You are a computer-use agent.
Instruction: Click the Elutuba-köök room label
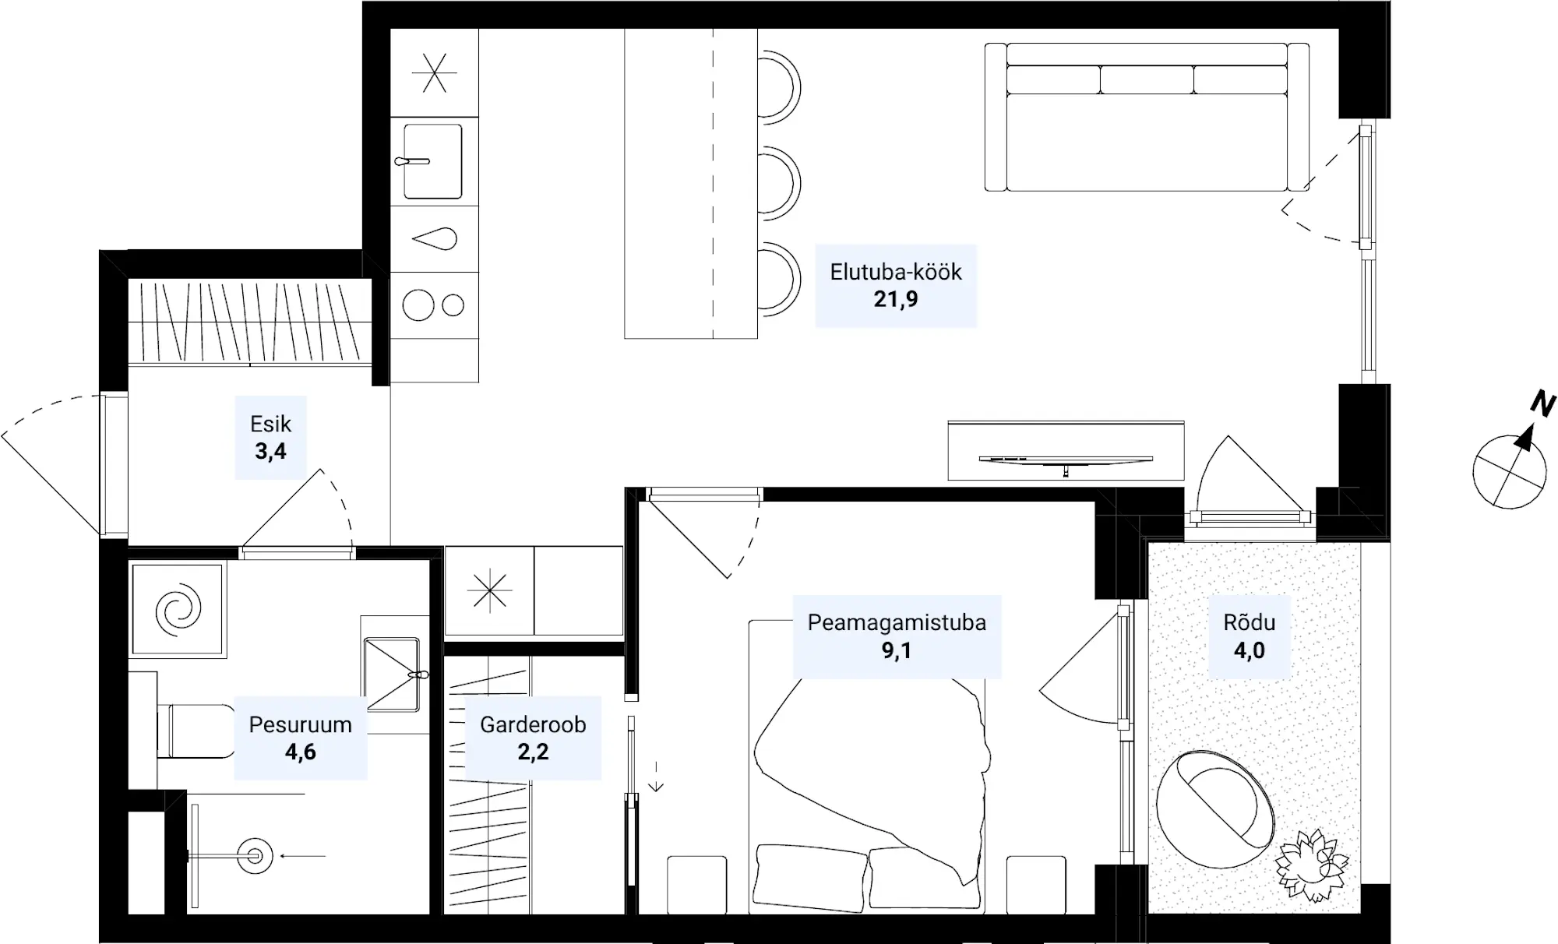(896, 272)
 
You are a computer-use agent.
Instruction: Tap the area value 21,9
(896, 299)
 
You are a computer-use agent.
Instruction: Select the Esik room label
(270, 424)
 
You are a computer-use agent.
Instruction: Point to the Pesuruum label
(300, 724)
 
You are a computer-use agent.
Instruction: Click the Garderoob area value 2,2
(533, 752)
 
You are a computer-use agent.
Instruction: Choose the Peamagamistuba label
(897, 622)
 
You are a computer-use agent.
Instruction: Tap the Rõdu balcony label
(1250, 622)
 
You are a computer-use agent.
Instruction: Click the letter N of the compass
(1542, 403)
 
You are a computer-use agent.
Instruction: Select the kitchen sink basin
(433, 161)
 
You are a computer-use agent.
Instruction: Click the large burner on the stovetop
(418, 305)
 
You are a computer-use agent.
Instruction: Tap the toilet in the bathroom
(196, 731)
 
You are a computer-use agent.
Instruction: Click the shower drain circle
(255, 855)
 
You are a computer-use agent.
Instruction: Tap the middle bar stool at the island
(779, 183)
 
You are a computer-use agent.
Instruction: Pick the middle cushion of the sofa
(1147, 79)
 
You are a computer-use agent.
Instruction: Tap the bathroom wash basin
(392, 675)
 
